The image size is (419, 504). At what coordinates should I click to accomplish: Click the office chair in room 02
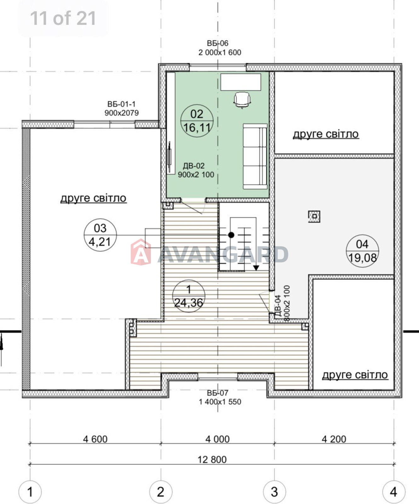click(x=242, y=100)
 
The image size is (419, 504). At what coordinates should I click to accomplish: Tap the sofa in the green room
click(x=255, y=156)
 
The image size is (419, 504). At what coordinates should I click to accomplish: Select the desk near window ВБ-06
click(x=241, y=82)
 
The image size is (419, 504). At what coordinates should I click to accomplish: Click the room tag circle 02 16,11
click(x=197, y=121)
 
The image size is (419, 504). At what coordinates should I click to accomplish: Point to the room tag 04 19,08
click(x=362, y=251)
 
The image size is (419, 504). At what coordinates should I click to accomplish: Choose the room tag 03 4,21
click(x=100, y=235)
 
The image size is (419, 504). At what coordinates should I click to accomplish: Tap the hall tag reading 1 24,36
click(x=189, y=296)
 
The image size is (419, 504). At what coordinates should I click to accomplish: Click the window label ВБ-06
click(x=218, y=43)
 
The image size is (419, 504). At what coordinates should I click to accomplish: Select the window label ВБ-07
click(x=218, y=393)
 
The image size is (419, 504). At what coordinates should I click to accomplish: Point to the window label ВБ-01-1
click(x=122, y=104)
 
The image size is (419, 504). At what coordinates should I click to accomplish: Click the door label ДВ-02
click(x=194, y=166)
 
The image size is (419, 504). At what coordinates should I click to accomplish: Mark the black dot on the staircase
click(x=231, y=235)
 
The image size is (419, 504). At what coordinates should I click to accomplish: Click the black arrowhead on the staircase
click(x=256, y=268)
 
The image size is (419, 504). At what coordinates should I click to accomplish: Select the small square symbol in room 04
click(x=314, y=216)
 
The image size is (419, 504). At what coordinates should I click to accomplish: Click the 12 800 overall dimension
click(x=212, y=460)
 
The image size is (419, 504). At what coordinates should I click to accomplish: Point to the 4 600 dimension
click(x=95, y=439)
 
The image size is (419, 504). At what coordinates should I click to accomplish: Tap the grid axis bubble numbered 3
click(x=274, y=492)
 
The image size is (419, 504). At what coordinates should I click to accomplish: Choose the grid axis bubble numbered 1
click(x=30, y=492)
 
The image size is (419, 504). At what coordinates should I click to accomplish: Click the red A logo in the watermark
click(x=141, y=252)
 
